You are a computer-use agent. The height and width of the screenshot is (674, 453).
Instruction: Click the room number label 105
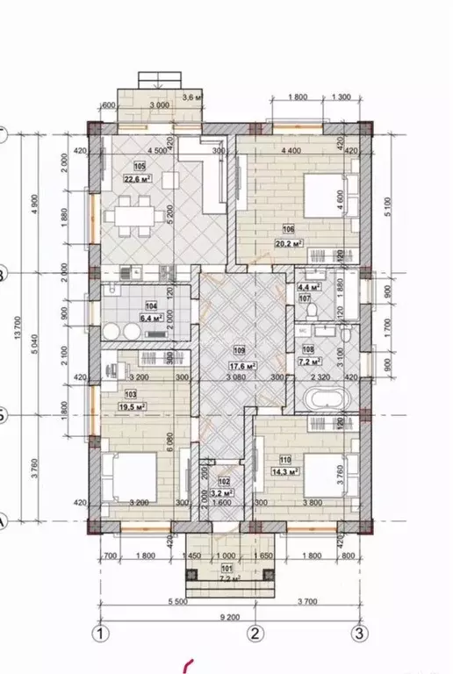point(139,166)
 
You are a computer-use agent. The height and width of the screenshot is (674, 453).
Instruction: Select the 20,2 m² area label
point(291,244)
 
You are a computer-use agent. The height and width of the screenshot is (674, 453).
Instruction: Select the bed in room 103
point(129,478)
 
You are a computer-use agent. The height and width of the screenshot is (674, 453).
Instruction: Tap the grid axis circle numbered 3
point(359,633)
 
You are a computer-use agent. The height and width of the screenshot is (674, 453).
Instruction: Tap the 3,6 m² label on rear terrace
point(191,97)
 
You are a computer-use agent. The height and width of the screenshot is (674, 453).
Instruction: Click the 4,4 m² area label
point(308,285)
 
